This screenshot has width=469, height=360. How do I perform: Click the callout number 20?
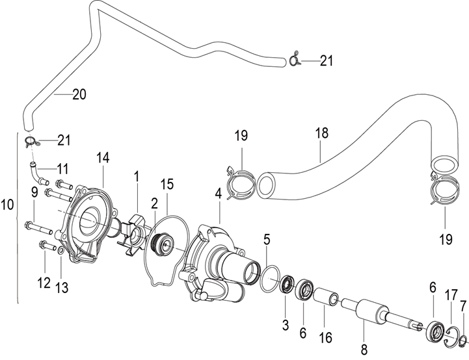coord(79,94)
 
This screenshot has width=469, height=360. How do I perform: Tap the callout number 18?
coord(321,133)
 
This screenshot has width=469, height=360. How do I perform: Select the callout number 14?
coord(103,157)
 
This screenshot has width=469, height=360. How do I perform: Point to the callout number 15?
coord(167,184)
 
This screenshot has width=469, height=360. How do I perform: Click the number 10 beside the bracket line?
coord(7,205)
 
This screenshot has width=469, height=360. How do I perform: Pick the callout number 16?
coord(326,338)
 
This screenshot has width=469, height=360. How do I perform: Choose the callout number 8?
coord(364,350)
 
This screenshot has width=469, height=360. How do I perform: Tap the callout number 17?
coord(451,295)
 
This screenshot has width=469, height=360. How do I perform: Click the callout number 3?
coord(286,325)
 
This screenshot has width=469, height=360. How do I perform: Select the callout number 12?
coord(44,283)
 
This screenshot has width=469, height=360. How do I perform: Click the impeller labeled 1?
coord(134,231)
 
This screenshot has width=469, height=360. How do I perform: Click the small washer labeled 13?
coord(60,251)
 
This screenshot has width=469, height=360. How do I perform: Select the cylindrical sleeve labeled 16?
coord(326,297)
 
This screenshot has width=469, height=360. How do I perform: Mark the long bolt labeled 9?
coord(40,229)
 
